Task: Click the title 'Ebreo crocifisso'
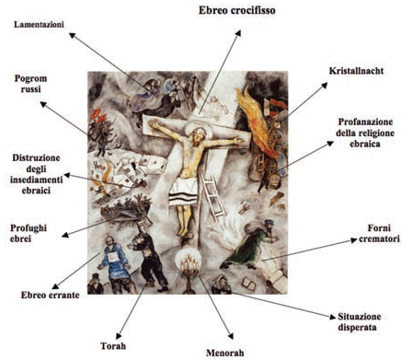pos(236,10)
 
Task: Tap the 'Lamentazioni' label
pos(39,25)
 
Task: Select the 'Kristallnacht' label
pos(356,71)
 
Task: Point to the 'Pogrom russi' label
pos(30,84)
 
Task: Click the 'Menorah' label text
pos(225,353)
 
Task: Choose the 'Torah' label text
pos(113,346)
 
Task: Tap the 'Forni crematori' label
pos(379,233)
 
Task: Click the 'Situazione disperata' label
pos(359,321)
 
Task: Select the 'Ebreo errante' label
pos(50,295)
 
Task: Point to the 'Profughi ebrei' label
pos(29,233)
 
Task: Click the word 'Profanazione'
pos(365,122)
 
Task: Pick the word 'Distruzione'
pos(36,158)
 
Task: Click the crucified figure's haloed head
pos(199,135)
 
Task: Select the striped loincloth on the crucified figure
pos(183,192)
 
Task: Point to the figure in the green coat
pos(249,246)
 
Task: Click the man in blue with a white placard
pos(114,261)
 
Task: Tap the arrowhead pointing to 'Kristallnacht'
pos(324,86)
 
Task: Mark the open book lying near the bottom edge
pos(248,284)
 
